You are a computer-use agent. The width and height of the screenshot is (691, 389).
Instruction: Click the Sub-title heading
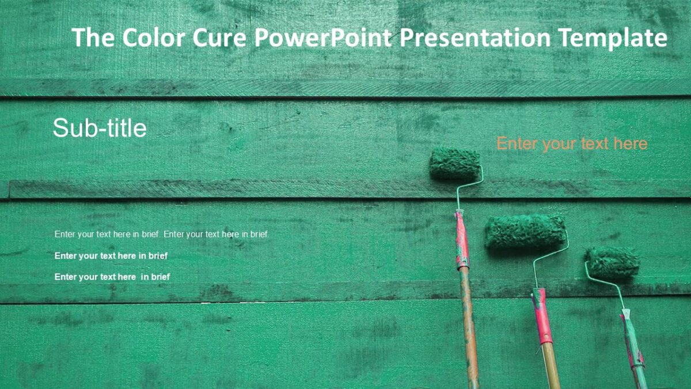100,128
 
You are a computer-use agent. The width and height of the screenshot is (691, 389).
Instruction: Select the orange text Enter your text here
572,143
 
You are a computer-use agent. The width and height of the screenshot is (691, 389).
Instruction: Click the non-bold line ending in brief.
162,235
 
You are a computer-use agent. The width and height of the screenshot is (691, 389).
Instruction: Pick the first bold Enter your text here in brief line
111,256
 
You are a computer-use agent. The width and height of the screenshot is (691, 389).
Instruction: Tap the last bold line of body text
112,277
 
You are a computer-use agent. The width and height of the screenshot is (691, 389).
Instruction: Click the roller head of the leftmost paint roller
455,163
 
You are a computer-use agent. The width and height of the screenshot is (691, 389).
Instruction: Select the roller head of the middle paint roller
525,231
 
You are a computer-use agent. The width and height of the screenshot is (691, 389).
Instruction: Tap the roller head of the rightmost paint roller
613,263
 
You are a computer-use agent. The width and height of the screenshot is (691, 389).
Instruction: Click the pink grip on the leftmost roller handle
461,239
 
